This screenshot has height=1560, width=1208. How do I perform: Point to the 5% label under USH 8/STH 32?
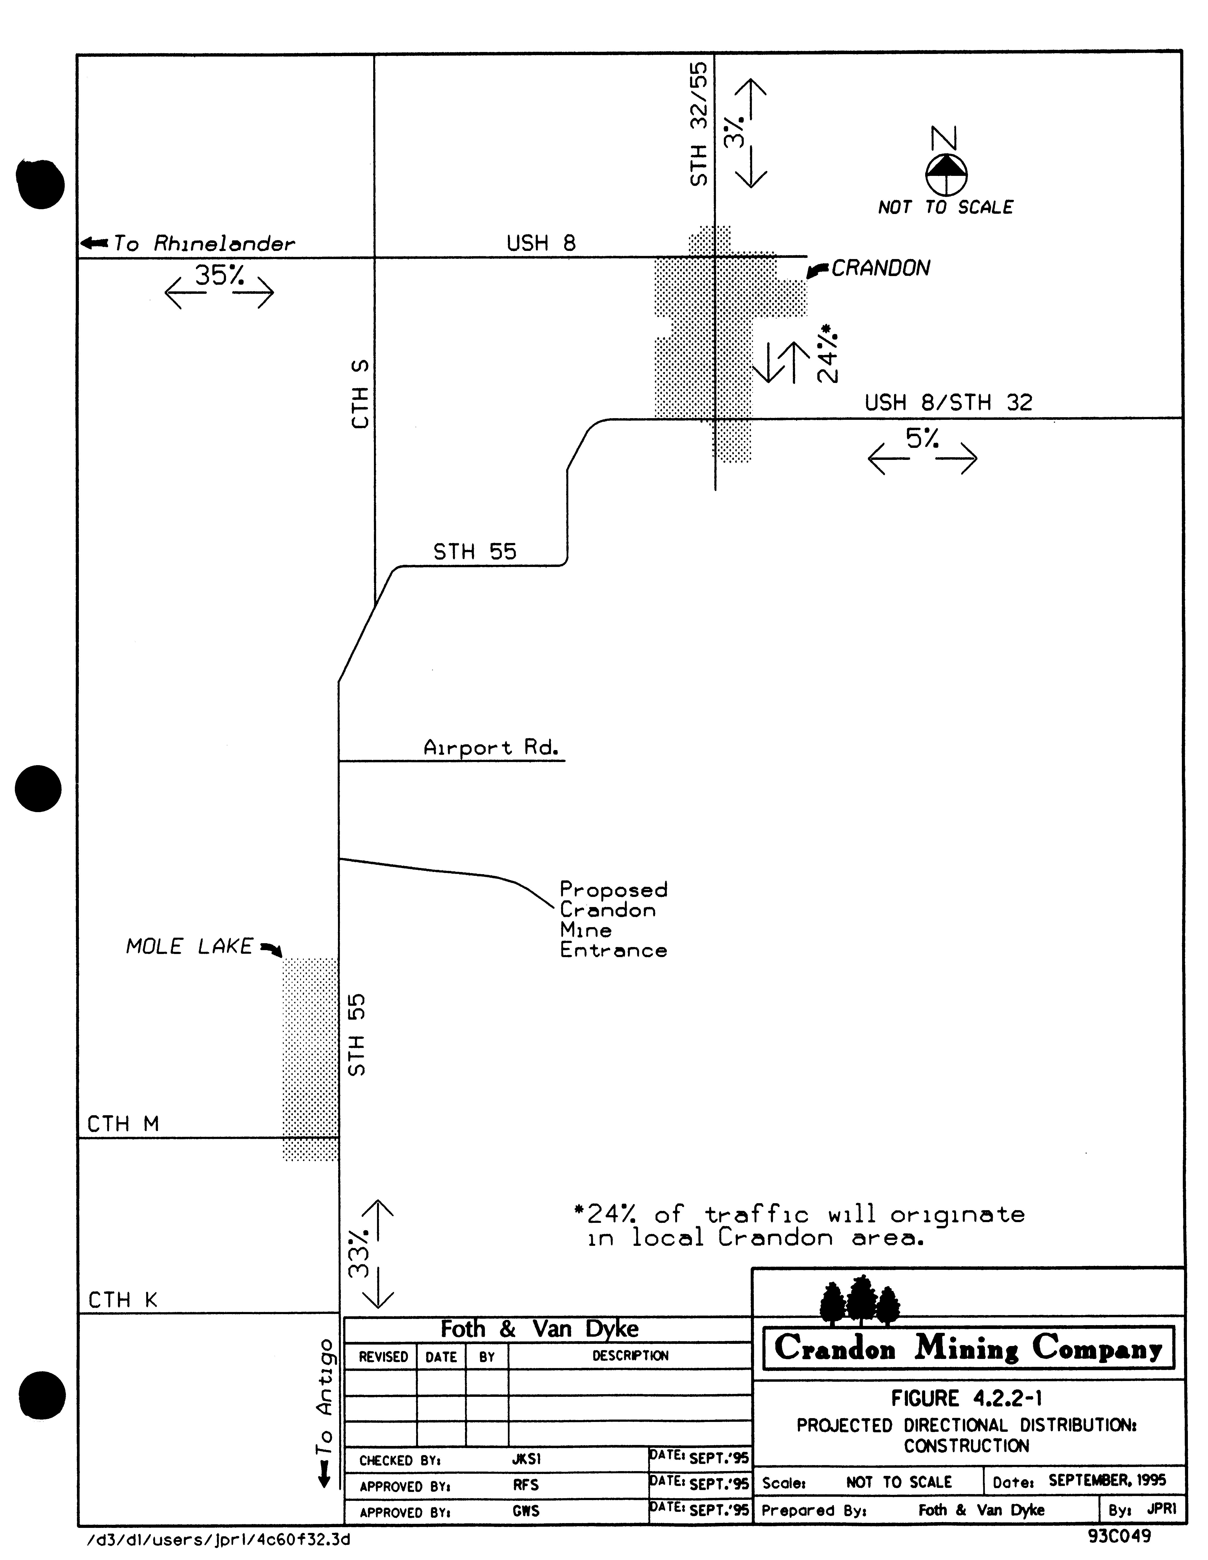(922, 439)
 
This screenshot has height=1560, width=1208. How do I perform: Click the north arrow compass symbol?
(947, 173)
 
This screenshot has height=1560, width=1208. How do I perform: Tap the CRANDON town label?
(881, 269)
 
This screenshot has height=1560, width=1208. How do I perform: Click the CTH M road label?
(123, 1124)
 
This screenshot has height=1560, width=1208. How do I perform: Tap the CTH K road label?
(122, 1300)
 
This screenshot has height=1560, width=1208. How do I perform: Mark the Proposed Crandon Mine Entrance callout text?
(613, 919)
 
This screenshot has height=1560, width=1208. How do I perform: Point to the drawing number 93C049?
(1119, 1536)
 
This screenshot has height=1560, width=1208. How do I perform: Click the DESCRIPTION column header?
(630, 1356)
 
